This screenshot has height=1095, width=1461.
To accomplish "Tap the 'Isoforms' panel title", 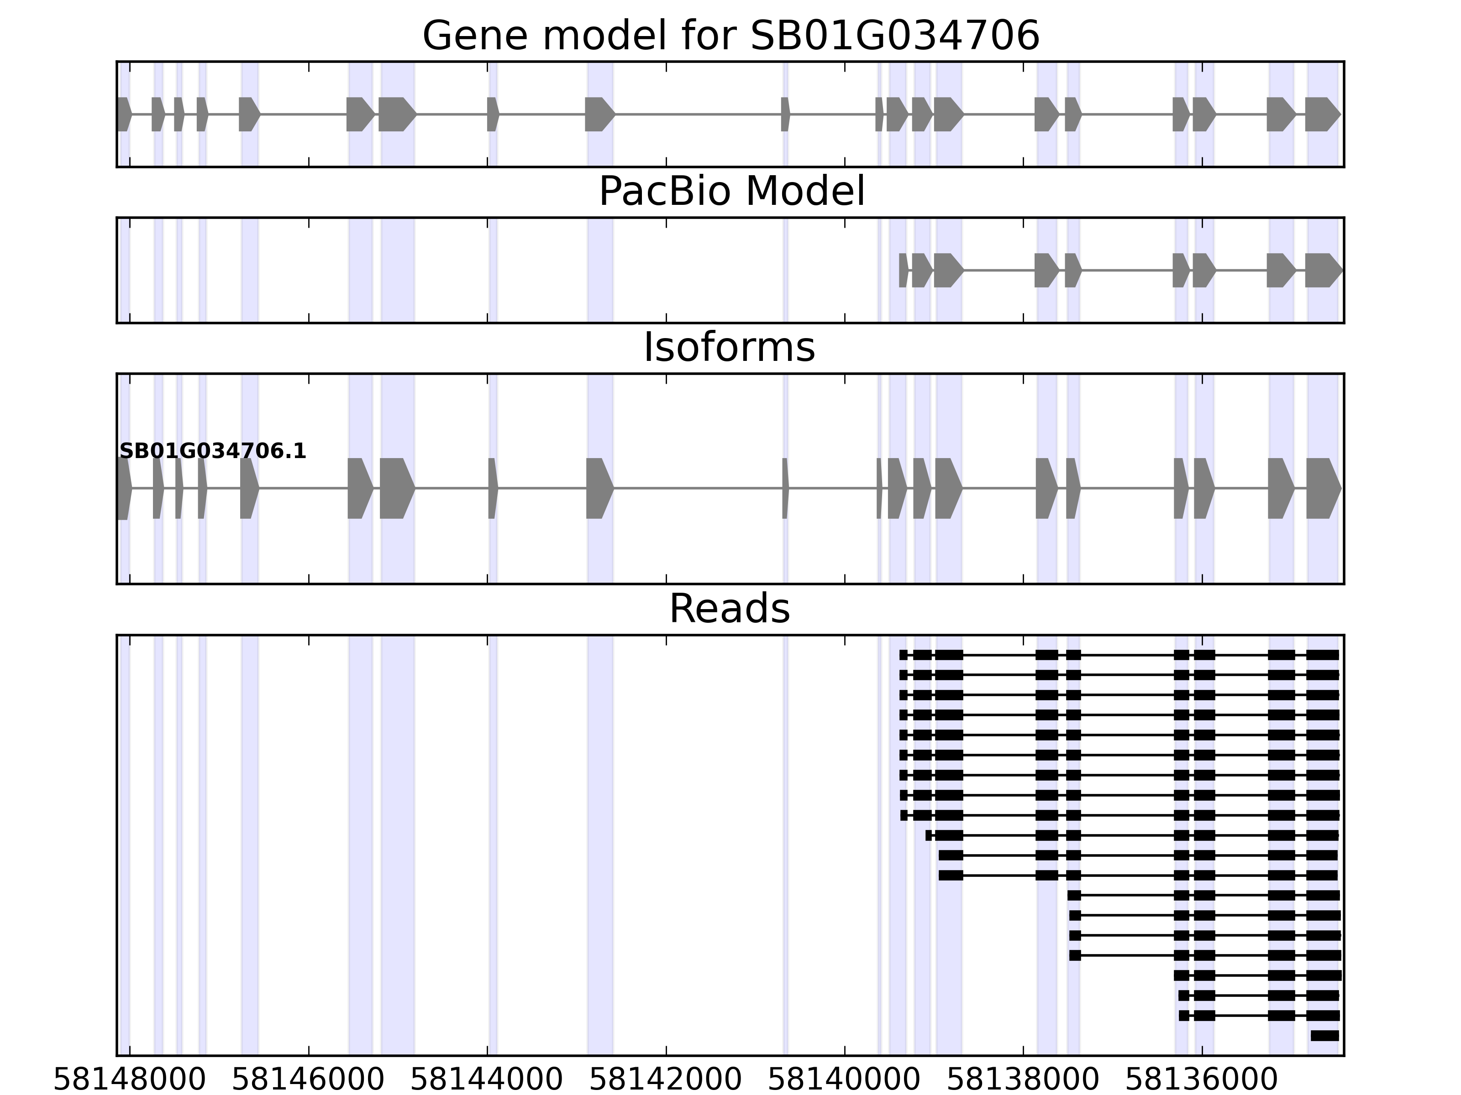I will point(729,348).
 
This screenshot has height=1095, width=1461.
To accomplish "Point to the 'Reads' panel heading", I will point(729,609).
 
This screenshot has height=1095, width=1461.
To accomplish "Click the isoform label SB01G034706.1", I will point(213,452).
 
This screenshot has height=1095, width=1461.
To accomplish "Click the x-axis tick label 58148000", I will point(130,1080).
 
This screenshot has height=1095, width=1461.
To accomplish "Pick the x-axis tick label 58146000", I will point(309,1080).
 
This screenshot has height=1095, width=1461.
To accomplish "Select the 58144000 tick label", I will point(487,1080).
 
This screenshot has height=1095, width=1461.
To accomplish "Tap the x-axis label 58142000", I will point(666,1080).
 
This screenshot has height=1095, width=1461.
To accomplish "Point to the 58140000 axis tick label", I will point(844,1080).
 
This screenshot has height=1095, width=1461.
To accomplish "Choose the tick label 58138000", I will point(1023,1080).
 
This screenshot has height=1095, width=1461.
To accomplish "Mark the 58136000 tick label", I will point(1201,1080).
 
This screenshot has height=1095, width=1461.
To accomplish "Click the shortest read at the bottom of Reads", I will point(1325,1036).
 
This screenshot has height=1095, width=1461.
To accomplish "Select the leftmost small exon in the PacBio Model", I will point(904,271).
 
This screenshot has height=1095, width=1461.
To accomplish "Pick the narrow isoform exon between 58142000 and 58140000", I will point(785,489).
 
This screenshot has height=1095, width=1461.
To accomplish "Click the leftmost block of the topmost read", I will point(904,655).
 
